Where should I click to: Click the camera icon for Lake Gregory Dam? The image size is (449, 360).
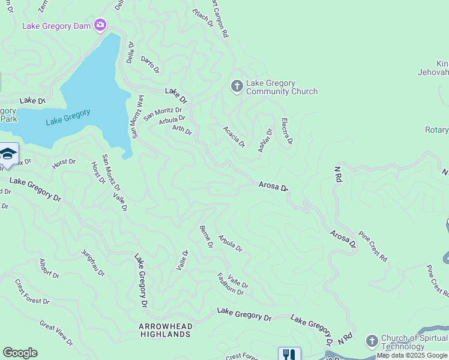(x=100, y=25)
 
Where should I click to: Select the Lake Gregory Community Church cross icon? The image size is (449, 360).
(x=237, y=87)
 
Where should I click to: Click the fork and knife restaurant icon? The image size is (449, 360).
(x=289, y=354)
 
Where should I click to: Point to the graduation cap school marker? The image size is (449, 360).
(x=7, y=154)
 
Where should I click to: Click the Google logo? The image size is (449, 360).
(x=20, y=353)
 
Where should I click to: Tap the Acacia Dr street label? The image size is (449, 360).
(x=234, y=136)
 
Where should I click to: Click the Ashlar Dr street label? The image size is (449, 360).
(x=265, y=140)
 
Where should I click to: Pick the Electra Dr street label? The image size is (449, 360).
(x=286, y=131)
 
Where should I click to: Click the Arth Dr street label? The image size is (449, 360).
(x=182, y=129)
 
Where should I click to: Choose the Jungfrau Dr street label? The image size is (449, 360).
(x=92, y=262)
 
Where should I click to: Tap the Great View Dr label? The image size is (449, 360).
(x=56, y=333)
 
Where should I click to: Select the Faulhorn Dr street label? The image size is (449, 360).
(x=230, y=284)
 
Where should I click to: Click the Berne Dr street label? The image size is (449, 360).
(x=206, y=236)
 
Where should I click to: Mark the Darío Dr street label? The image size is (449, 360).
(x=150, y=64)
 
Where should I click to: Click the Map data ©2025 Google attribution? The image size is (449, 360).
(x=412, y=355)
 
